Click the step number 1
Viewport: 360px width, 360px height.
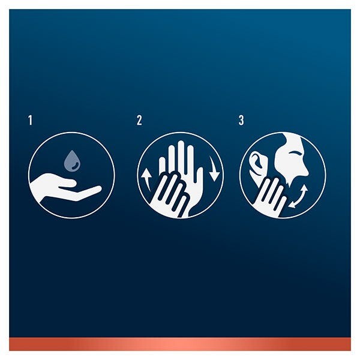(x=31, y=121)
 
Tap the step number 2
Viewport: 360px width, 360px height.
(x=139, y=121)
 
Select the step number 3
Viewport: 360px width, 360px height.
(x=241, y=121)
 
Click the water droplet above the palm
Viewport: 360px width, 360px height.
(x=72, y=161)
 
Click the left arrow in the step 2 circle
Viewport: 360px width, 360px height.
(x=146, y=179)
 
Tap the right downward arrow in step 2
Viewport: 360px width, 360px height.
(x=214, y=169)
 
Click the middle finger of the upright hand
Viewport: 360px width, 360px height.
(x=181, y=156)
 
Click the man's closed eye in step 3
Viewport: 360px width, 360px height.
(x=295, y=153)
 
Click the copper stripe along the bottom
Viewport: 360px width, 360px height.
(x=180, y=344)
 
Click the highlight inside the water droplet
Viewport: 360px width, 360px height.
(x=75, y=166)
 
